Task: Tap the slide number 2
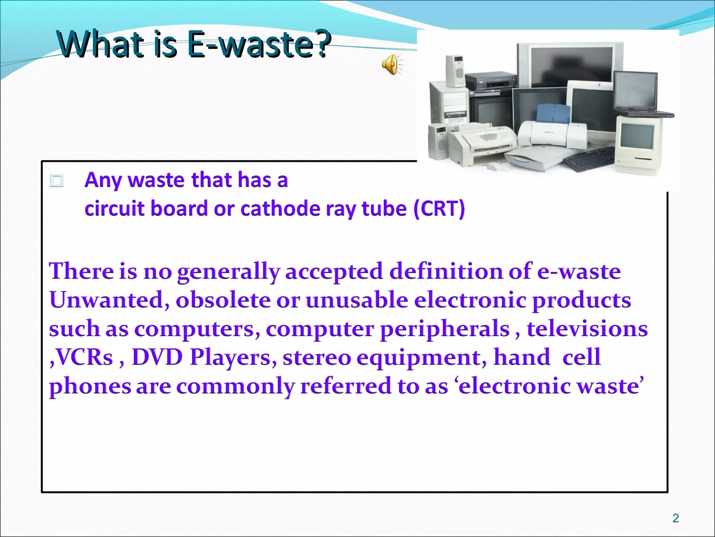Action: click(x=676, y=518)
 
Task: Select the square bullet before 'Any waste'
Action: click(x=57, y=181)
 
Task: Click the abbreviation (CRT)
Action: click(x=439, y=209)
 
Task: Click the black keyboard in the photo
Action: click(x=589, y=159)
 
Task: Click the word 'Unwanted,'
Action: click(x=109, y=300)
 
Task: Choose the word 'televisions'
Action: click(x=587, y=329)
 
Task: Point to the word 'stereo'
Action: click(x=316, y=357)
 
